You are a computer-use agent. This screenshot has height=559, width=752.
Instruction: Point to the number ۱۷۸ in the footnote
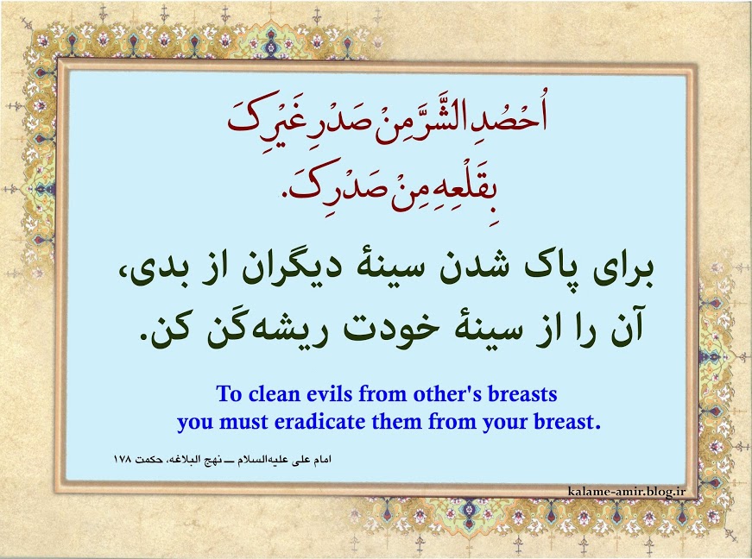123,459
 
